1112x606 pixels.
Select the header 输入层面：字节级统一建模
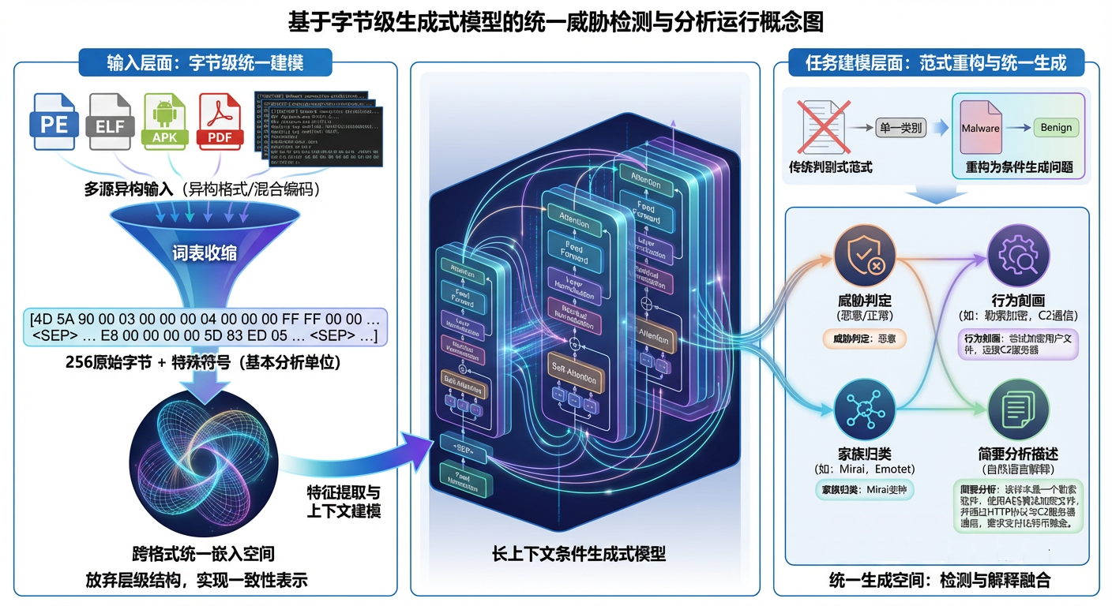tap(205, 63)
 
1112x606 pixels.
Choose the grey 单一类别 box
tap(900, 127)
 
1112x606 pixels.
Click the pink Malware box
tap(980, 128)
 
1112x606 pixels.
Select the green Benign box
tap(1056, 128)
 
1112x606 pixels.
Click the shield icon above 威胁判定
tap(864, 257)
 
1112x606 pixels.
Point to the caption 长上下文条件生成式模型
tap(579, 554)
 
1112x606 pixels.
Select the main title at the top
tap(556, 21)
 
